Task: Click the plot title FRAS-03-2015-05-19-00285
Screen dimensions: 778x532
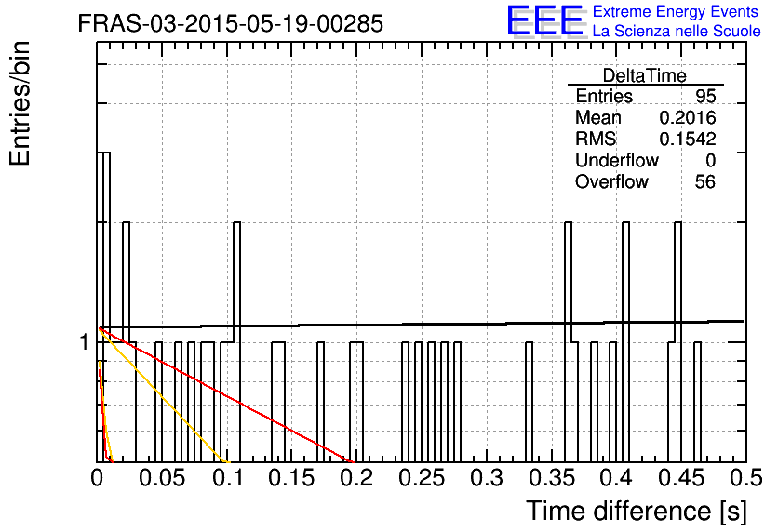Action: (x=231, y=23)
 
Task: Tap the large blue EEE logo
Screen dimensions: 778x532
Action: (x=545, y=20)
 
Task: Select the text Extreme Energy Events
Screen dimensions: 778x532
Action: (x=676, y=11)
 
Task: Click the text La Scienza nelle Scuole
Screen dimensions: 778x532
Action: (x=677, y=32)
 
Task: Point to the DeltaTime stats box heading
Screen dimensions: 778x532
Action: (x=645, y=75)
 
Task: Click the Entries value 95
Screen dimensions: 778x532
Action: (x=705, y=96)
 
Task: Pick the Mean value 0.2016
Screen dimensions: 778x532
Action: (x=687, y=117)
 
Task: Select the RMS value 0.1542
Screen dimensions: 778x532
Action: (x=687, y=139)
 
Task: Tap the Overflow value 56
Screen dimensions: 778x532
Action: (x=705, y=182)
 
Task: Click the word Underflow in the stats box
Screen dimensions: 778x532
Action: (x=617, y=160)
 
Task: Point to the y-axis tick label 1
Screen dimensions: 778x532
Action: (x=85, y=341)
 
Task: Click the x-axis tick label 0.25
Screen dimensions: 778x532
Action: (x=423, y=478)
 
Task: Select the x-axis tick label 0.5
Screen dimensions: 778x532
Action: (x=746, y=478)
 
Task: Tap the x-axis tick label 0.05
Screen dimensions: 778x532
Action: (x=162, y=478)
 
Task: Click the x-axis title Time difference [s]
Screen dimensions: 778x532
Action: (x=637, y=512)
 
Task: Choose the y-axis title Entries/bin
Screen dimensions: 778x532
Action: (x=20, y=103)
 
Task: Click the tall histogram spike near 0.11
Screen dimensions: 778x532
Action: (x=236, y=342)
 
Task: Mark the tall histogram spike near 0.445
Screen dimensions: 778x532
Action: (x=677, y=342)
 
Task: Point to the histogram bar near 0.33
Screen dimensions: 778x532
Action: (x=529, y=402)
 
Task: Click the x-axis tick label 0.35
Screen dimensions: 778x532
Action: (x=552, y=478)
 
